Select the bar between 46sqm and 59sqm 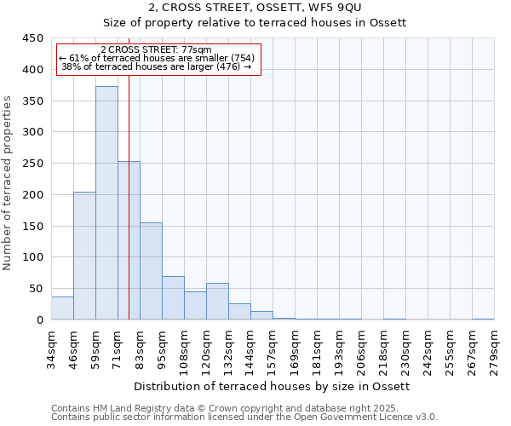(x=84, y=256)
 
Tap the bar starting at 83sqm (x=151, y=271)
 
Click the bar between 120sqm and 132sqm (x=217, y=302)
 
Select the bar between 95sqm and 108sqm (x=173, y=298)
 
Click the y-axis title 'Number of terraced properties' (x=8, y=182)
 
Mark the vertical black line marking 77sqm (x=129, y=213)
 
